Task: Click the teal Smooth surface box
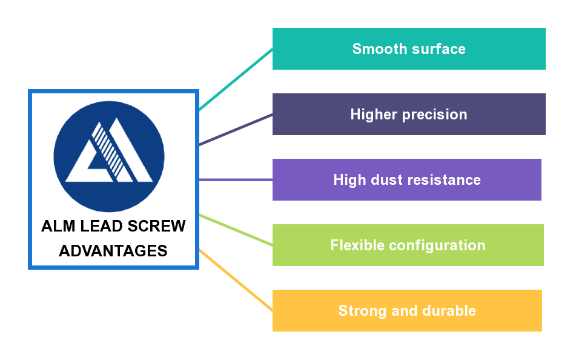[x=409, y=48]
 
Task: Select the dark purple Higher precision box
[x=409, y=114]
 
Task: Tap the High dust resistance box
[x=407, y=179]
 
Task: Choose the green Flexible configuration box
[x=408, y=245]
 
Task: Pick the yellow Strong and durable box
[x=407, y=310]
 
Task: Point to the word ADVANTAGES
[x=113, y=250]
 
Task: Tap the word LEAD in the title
[x=101, y=227]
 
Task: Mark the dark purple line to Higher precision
[x=236, y=129]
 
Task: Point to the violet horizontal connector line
[x=236, y=179]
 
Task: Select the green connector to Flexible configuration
[x=236, y=230]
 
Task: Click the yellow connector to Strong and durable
[x=236, y=279]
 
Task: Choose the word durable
[x=448, y=311]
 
